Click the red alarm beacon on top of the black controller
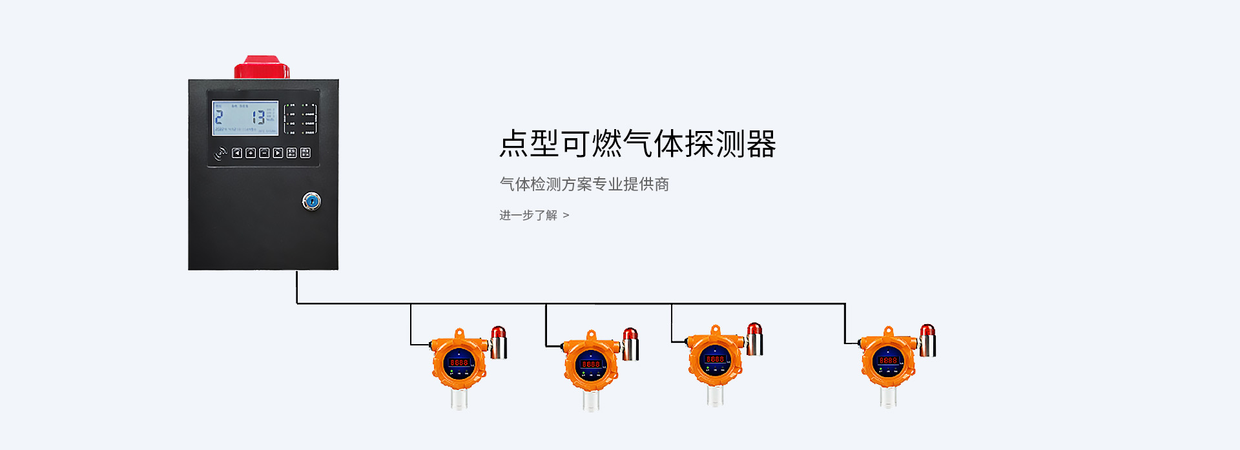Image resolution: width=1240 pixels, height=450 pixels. (262, 67)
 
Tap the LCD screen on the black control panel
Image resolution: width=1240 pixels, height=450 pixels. (245, 118)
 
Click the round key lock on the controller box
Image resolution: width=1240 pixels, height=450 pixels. (311, 201)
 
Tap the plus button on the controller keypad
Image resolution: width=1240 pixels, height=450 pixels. (251, 153)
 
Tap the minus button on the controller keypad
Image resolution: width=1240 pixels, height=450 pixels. (264, 153)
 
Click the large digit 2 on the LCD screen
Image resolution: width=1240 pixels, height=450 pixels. (219, 117)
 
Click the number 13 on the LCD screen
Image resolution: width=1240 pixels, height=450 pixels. (258, 117)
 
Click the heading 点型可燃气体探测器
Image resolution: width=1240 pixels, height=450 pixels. (637, 143)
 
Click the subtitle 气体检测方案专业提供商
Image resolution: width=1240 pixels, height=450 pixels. (584, 184)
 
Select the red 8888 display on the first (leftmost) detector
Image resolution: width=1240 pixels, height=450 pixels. (459, 362)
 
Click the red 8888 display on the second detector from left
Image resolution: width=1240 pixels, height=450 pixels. (590, 364)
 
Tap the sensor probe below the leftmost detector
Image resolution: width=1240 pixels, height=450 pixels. (459, 400)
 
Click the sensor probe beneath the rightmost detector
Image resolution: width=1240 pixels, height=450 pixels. (888, 397)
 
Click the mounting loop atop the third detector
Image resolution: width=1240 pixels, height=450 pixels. (715, 330)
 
